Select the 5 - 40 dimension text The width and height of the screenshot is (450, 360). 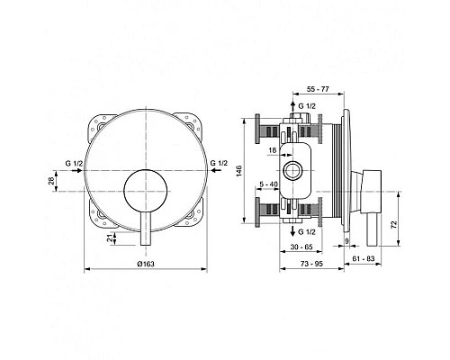(268, 185)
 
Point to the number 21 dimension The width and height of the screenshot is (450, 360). (110, 238)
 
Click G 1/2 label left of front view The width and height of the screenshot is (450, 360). (75, 161)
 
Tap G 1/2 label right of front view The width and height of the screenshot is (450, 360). (219, 161)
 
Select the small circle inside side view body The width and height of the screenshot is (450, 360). (291, 169)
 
